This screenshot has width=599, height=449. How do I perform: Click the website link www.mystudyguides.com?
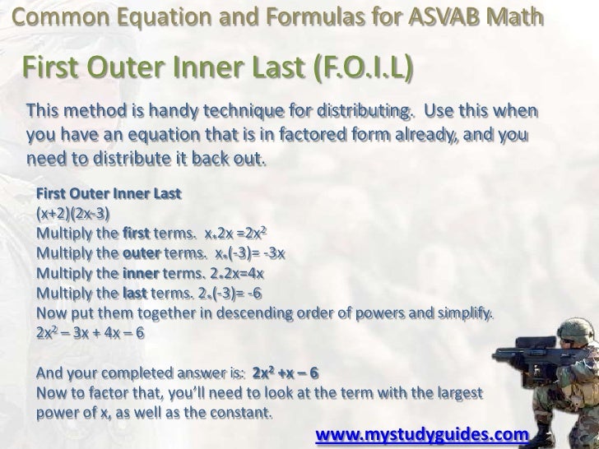421,433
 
